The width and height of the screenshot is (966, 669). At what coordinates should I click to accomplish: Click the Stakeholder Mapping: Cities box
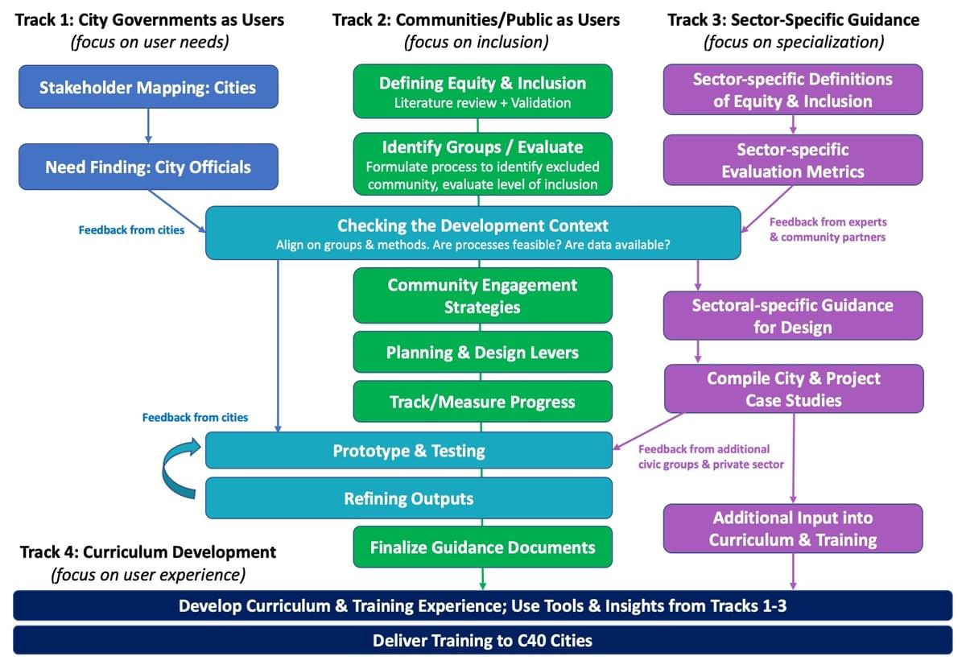[x=148, y=86]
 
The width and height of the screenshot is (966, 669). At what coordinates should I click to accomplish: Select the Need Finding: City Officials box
[x=148, y=167]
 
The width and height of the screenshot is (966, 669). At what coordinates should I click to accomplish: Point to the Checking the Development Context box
[x=473, y=233]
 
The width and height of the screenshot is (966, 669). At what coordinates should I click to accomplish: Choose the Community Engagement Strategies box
[x=482, y=295]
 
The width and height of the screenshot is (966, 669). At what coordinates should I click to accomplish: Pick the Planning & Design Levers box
[x=482, y=353]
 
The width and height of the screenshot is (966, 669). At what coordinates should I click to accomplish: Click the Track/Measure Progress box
[x=482, y=402]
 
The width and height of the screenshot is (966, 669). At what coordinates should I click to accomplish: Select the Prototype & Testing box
[x=409, y=450]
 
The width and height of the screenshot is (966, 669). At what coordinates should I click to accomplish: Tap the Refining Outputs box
[x=409, y=498]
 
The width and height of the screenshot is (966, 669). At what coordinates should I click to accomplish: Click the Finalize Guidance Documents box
[x=482, y=547]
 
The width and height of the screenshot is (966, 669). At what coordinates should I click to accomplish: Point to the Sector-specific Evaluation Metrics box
[x=793, y=160]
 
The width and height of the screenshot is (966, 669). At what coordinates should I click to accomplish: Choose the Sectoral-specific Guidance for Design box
[x=793, y=316]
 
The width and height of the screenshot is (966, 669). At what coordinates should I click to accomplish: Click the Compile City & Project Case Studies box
[x=793, y=389]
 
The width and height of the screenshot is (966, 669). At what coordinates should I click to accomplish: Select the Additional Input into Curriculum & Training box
[x=793, y=528]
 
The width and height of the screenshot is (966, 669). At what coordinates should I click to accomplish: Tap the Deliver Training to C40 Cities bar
[x=482, y=641]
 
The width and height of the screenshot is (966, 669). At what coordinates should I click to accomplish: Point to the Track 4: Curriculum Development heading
[x=147, y=552]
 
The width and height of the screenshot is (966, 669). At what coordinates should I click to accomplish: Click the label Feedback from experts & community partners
[x=828, y=229]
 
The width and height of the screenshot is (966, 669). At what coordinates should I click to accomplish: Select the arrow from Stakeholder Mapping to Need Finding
[x=148, y=126]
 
